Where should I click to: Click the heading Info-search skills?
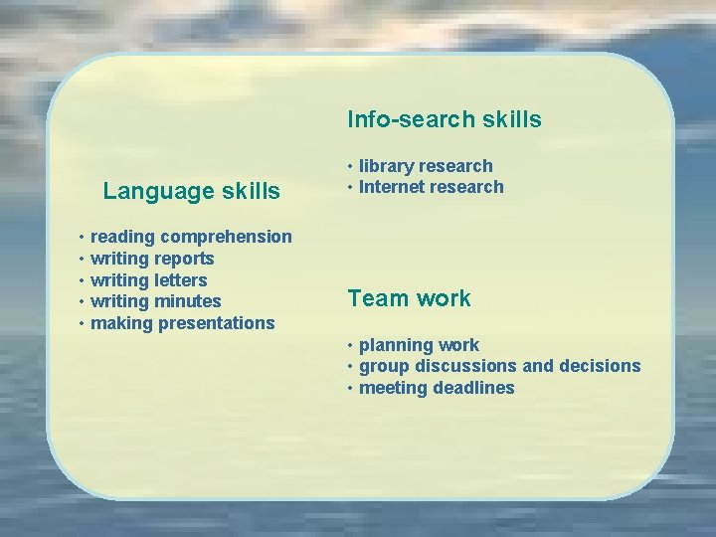(444, 119)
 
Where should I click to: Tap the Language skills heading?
(191, 191)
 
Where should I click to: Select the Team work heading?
(409, 298)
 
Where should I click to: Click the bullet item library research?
(426, 166)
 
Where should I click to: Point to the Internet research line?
(431, 187)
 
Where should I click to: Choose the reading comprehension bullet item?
(191, 237)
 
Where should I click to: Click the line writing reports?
(152, 259)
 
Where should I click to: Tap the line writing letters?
(148, 280)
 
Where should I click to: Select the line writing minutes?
(155, 301)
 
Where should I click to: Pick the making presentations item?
(182, 323)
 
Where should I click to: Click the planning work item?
(419, 345)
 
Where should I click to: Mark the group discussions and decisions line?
(499, 366)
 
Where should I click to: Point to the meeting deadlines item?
(437, 388)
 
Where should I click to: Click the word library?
(386, 166)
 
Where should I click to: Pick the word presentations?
(217, 323)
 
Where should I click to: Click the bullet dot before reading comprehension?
(81, 238)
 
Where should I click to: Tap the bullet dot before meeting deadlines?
(350, 389)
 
